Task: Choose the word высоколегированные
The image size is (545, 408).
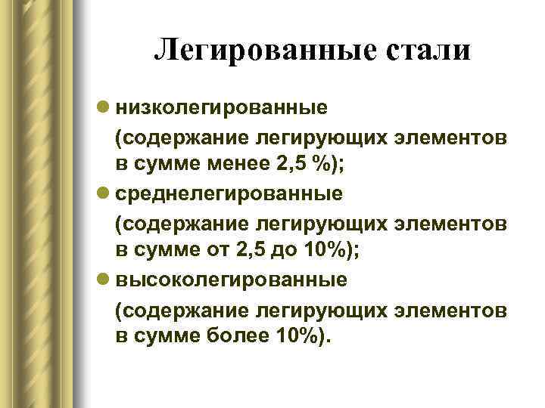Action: tap(231, 280)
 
